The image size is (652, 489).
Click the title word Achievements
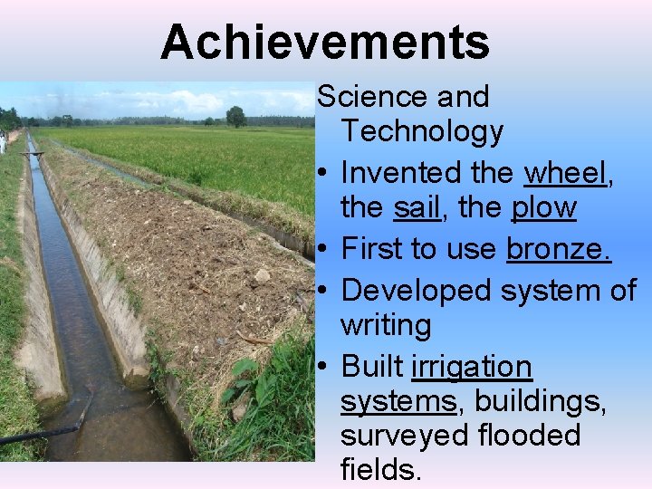click(325, 42)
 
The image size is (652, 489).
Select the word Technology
click(421, 132)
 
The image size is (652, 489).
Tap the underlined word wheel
click(566, 171)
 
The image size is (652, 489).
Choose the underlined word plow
click(543, 208)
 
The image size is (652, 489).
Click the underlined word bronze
click(559, 248)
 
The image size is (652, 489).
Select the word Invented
click(403, 171)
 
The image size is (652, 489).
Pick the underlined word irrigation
click(471, 367)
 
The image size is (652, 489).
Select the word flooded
click(529, 436)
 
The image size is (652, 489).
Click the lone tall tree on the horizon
click(236, 116)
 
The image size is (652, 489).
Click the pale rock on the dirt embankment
click(262, 275)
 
